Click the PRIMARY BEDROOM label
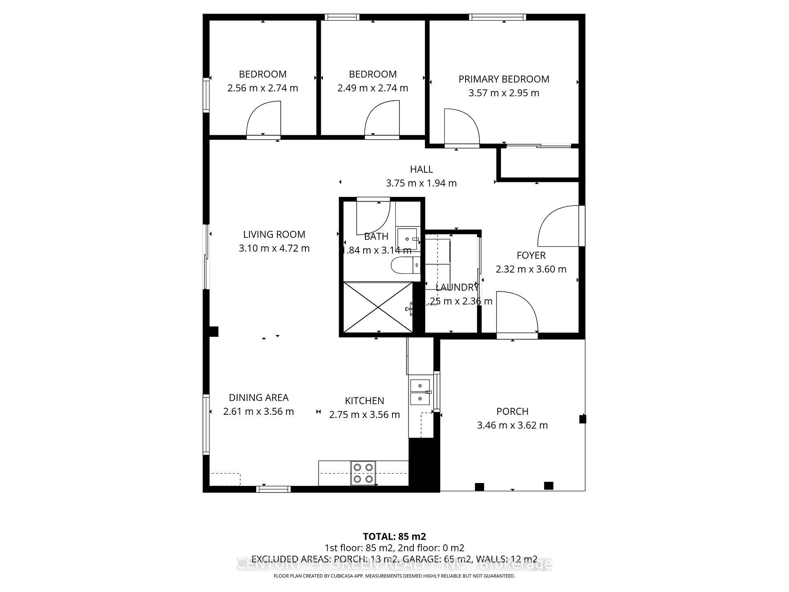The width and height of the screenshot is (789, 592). pos(504,79)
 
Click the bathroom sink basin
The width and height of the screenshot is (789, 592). pos(407,238)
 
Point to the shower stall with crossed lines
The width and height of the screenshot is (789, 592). pos(378,307)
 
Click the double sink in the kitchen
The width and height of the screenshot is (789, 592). pos(420,392)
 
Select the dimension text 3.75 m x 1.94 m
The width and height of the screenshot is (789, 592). pos(421,183)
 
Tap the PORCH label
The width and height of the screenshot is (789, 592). pos(512,412)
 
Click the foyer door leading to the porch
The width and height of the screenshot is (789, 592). pos(516,314)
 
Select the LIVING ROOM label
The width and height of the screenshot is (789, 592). pos(274,234)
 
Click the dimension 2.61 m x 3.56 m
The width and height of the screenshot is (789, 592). pos(258,412)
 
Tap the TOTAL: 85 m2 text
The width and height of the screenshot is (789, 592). pos(394,536)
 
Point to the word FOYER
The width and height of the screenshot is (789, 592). pos(531,255)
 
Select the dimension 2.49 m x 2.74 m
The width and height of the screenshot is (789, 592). pos(373,88)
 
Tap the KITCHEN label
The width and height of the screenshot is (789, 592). pos(364,401)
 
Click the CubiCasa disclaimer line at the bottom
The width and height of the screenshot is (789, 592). pos(394,576)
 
